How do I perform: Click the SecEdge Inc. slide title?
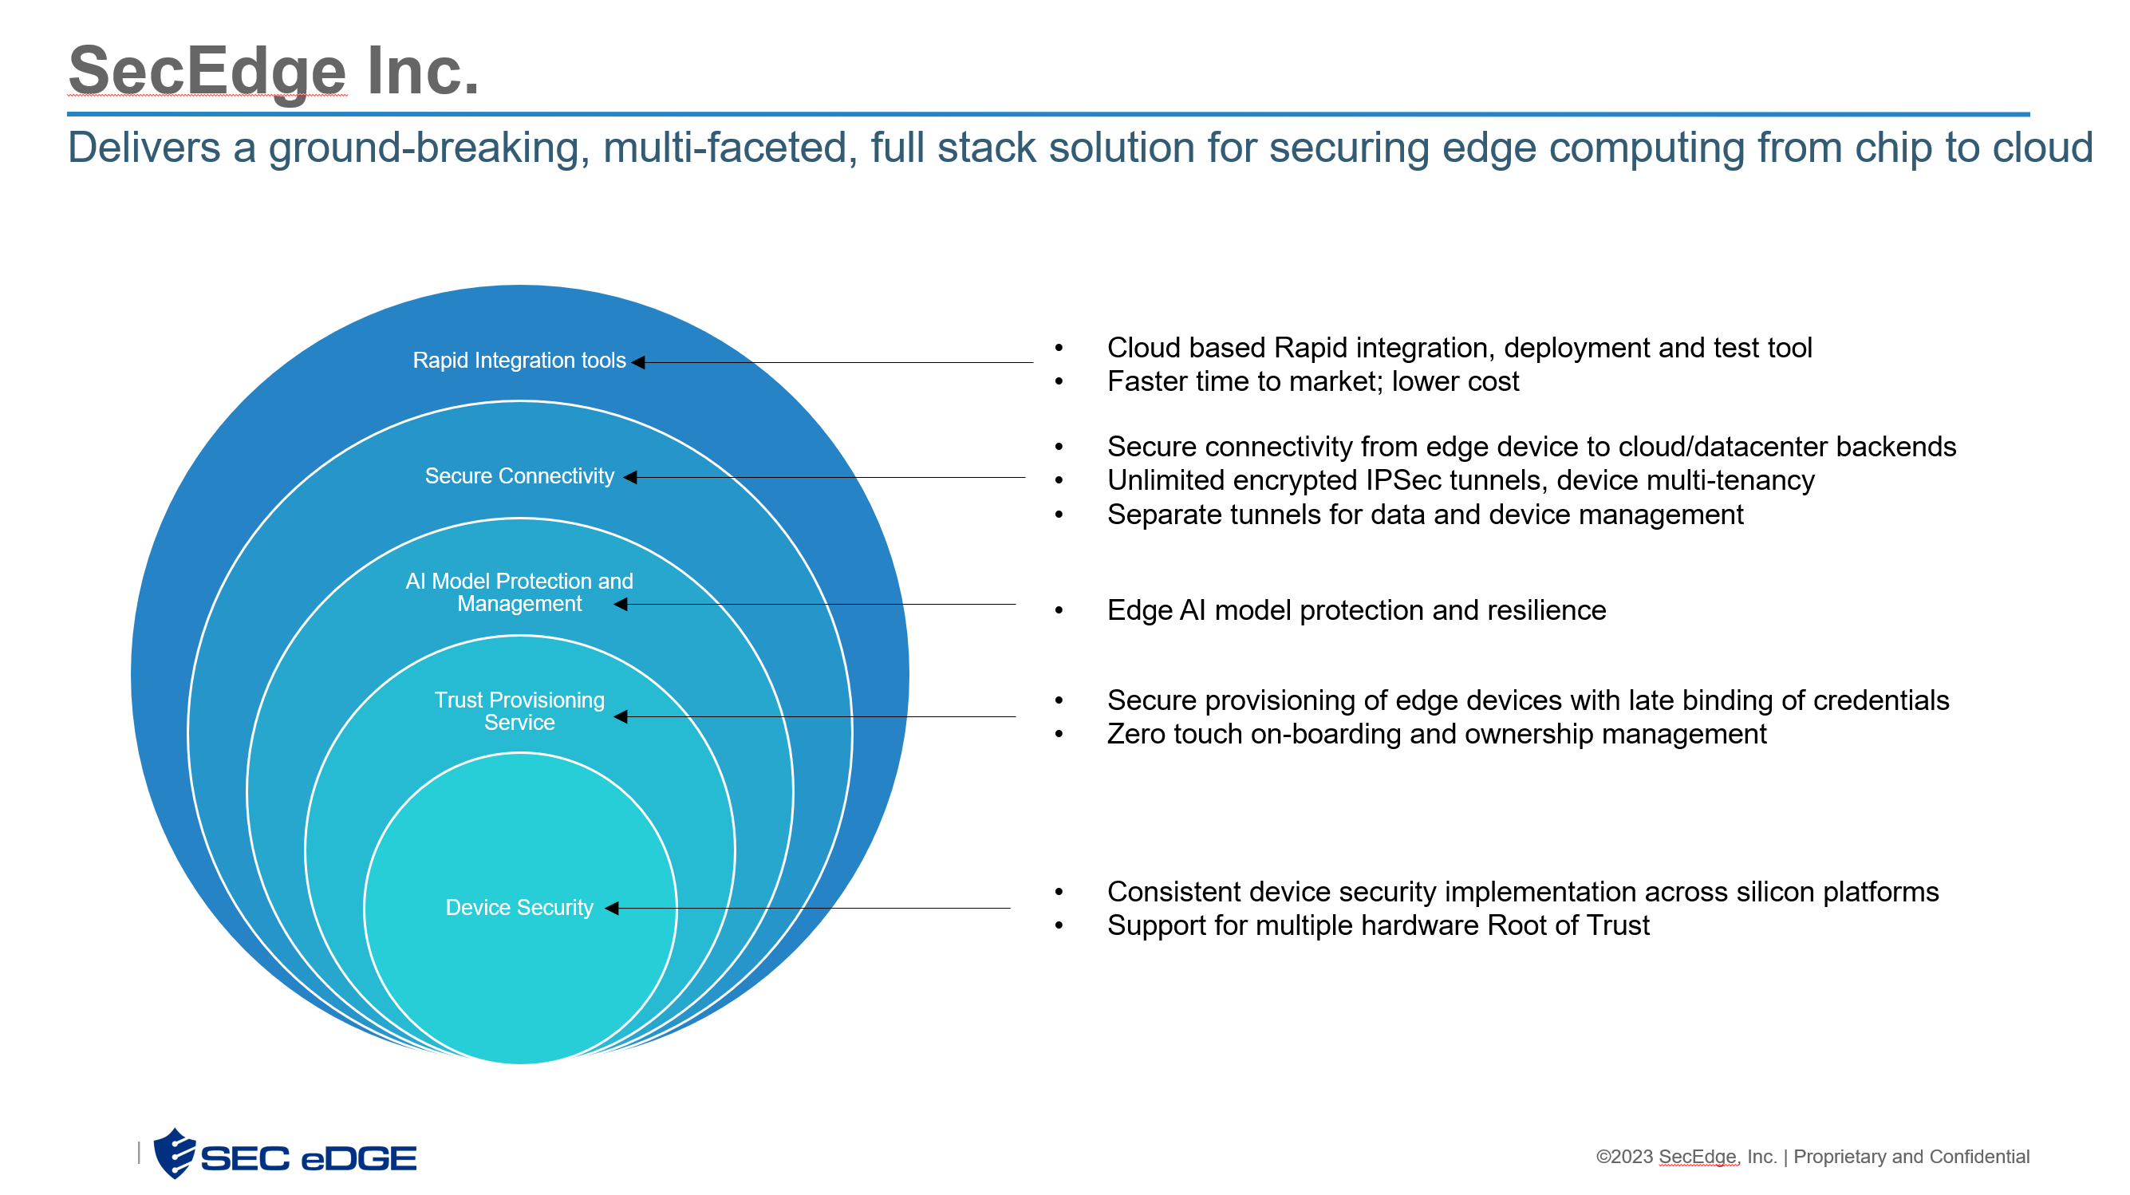(273, 71)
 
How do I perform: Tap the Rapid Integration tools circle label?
(519, 361)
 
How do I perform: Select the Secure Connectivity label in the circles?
(519, 476)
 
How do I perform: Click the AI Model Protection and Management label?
(519, 592)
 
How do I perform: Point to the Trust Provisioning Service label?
(519, 712)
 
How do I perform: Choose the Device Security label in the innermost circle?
(519, 907)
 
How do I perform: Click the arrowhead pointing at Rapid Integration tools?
(638, 362)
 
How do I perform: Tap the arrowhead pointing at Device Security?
(612, 908)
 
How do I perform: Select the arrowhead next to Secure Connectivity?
(630, 477)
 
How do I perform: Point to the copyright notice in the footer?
(1812, 1156)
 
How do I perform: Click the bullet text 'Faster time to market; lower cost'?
(1312, 381)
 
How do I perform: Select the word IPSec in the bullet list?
(1411, 480)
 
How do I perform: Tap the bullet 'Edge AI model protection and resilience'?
(1356, 610)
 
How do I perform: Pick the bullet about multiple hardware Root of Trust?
(1378, 925)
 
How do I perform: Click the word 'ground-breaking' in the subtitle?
(428, 148)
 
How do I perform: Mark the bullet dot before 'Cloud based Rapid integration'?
(1059, 348)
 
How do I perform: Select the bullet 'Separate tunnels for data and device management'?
(1425, 515)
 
